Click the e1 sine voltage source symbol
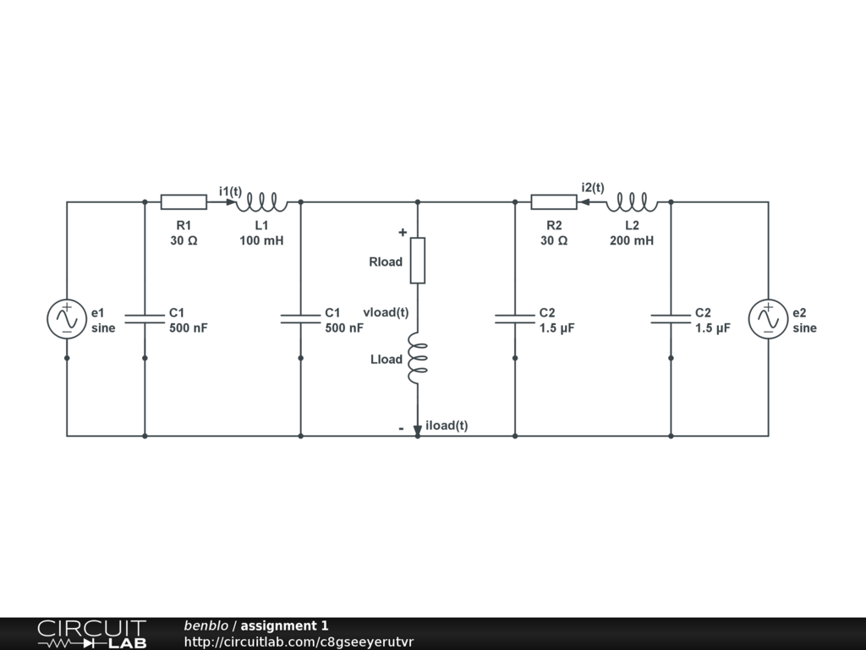coord(67,319)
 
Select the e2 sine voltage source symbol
coord(768,319)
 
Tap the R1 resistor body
coord(184,201)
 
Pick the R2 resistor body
coord(554,201)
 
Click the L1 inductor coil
coord(261,201)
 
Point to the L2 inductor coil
coord(632,201)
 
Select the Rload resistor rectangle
coord(417,260)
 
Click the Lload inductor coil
coord(417,358)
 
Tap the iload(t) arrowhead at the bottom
coord(417,431)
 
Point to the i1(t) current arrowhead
coord(231,201)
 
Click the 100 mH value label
coord(261,240)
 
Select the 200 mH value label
coord(632,240)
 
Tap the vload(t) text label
coord(386,312)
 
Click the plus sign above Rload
coord(403,232)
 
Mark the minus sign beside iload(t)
coord(401,429)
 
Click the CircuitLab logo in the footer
coord(91,634)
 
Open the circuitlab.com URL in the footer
coord(299,642)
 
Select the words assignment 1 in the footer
coord(284,626)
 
